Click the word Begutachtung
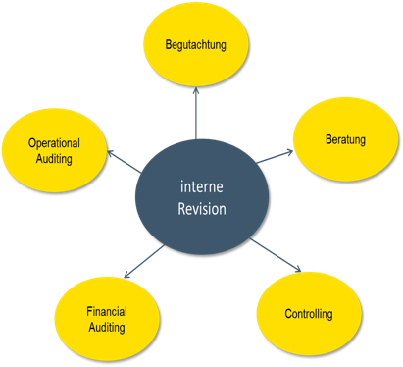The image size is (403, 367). point(196,44)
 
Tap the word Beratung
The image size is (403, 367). point(345,139)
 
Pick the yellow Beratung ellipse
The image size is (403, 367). point(345,157)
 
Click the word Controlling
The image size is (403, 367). point(309,314)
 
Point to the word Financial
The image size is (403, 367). point(106,312)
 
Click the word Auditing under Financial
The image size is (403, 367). point(106,327)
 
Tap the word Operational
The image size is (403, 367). point(54,143)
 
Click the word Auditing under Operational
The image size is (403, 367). point(54,158)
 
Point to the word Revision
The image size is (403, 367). point(202,208)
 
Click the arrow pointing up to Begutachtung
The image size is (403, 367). point(196,113)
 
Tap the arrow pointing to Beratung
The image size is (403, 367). point(275,156)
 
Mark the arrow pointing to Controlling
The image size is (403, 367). point(276,255)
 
